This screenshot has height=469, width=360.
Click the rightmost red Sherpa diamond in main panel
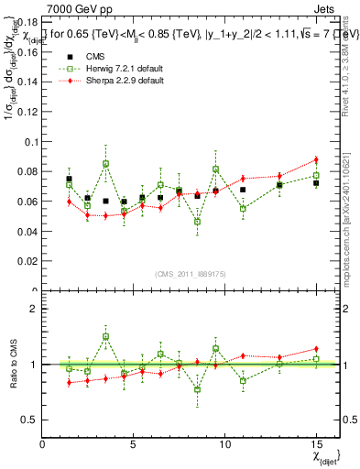coord(316,159)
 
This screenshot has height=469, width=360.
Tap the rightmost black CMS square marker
coord(316,183)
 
